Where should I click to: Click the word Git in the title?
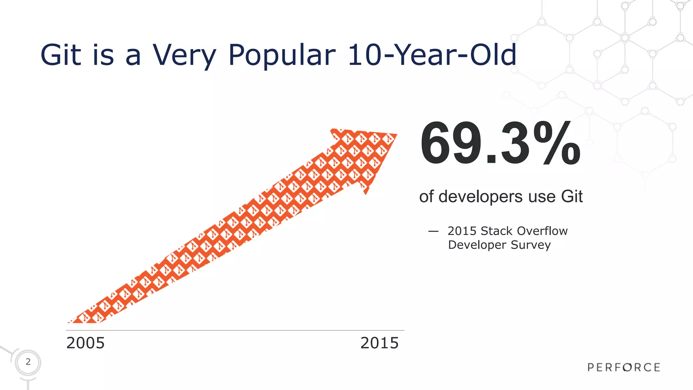click(61, 55)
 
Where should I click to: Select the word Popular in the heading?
click(282, 55)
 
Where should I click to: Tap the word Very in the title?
click(184, 55)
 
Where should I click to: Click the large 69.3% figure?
click(500, 143)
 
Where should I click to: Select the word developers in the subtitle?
click(480, 197)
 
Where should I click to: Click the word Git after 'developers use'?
click(572, 197)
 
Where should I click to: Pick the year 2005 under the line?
click(86, 343)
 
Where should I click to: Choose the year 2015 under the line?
click(379, 343)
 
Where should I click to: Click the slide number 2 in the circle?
click(28, 362)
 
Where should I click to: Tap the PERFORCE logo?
click(624, 367)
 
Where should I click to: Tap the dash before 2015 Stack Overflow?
click(433, 232)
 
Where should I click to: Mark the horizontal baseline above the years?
click(235, 330)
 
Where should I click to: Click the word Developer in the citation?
click(477, 245)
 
